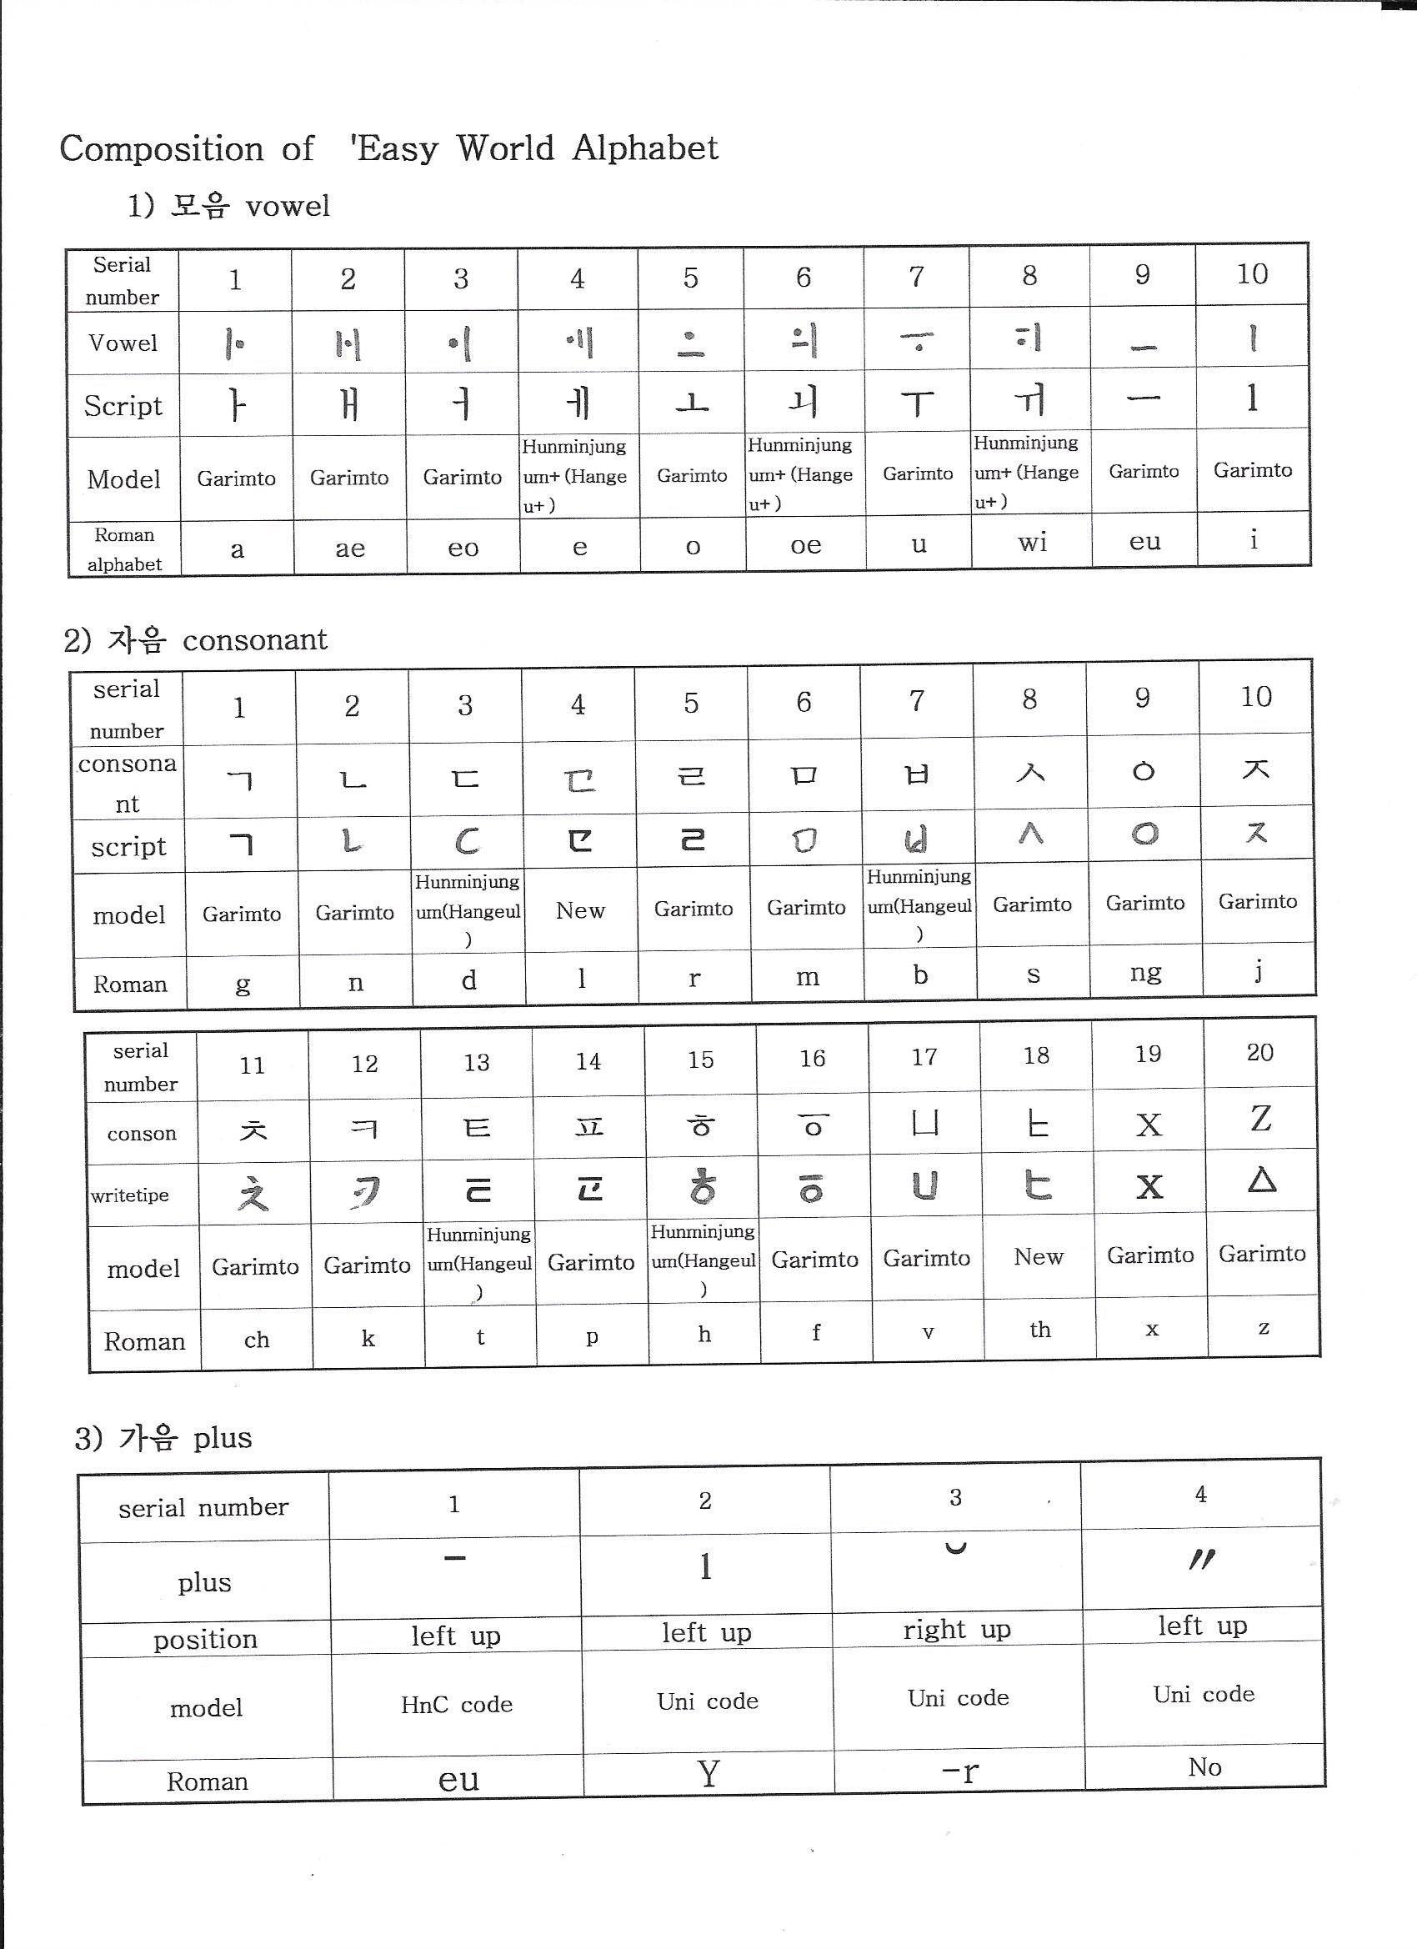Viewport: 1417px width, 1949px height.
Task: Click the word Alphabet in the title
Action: pyautogui.click(x=645, y=148)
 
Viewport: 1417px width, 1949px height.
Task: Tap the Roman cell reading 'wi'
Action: pyautogui.click(x=1031, y=542)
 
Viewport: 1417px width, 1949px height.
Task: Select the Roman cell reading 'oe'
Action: pyautogui.click(x=805, y=545)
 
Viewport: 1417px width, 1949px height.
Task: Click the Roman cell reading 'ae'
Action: pyautogui.click(x=350, y=549)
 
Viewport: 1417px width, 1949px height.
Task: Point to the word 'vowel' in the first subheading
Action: pyautogui.click(x=287, y=206)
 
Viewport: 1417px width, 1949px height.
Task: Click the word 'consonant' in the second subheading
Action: pyautogui.click(x=254, y=640)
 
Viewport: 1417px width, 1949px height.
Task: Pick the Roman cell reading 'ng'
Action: pyautogui.click(x=1145, y=972)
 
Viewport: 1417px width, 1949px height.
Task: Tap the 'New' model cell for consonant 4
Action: pyautogui.click(x=580, y=910)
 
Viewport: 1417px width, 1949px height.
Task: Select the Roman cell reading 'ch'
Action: pyautogui.click(x=256, y=1340)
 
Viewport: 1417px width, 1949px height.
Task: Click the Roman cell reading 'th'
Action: pyautogui.click(x=1039, y=1330)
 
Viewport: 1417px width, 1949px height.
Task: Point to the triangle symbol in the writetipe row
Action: pyautogui.click(x=1260, y=1180)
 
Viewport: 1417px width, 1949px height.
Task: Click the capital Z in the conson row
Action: pyautogui.click(x=1260, y=1119)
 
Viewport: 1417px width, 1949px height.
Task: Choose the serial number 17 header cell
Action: pyautogui.click(x=924, y=1058)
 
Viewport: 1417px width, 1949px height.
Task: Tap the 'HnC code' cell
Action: pyautogui.click(x=456, y=1704)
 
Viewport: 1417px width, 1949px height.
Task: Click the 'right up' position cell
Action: pyautogui.click(x=956, y=1630)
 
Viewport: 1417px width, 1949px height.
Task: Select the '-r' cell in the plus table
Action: pyautogui.click(x=959, y=1771)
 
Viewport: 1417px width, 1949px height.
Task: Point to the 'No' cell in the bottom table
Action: pyautogui.click(x=1204, y=1766)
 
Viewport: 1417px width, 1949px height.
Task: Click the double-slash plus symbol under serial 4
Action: pyautogui.click(x=1201, y=1560)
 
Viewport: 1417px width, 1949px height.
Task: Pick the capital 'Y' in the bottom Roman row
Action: pyautogui.click(x=708, y=1774)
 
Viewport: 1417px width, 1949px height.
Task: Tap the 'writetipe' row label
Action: pyautogui.click(x=130, y=1195)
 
